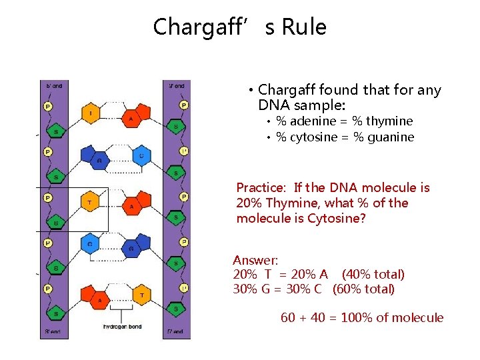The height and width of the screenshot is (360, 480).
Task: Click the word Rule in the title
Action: [x=305, y=27]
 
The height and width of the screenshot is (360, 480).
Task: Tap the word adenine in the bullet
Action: [x=315, y=121]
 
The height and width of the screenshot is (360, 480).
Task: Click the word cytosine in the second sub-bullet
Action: [x=315, y=137]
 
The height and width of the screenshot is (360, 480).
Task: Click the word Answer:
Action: [x=255, y=260]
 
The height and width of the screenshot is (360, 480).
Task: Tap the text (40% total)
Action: [x=373, y=275]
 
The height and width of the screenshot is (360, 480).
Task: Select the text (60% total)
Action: [x=363, y=289]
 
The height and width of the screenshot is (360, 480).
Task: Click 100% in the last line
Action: [x=357, y=318]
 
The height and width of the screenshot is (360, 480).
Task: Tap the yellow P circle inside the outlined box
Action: [x=48, y=197]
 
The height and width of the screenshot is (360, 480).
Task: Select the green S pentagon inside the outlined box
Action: [x=56, y=221]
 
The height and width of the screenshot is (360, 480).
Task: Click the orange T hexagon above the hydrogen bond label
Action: [x=141, y=293]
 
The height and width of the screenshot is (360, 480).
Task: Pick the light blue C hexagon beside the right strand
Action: [x=141, y=157]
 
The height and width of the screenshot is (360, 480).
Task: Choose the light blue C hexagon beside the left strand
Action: [x=91, y=245]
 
